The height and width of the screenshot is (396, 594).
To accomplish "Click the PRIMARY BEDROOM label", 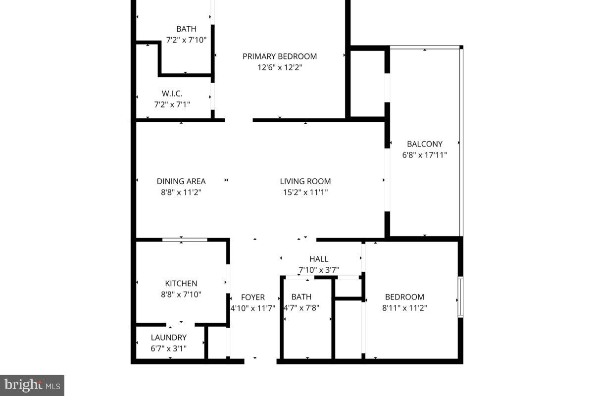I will coord(280,56).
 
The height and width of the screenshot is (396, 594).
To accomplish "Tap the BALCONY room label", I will coord(425,144).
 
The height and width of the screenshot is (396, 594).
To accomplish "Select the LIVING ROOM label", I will coord(305,181).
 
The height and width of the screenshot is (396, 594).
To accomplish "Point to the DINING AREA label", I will coord(181,181).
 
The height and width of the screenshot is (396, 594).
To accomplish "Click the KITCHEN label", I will coord(181,284).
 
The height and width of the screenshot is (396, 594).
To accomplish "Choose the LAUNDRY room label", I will coord(169,338).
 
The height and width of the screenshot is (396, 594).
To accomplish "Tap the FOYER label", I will coord(253,297).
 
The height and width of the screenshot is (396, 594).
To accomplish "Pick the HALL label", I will coord(319,259).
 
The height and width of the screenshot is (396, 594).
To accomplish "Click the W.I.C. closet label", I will coord(172,93).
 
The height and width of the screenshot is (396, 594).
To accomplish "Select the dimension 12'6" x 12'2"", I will coord(280,67).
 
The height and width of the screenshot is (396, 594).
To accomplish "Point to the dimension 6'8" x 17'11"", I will coord(425,155).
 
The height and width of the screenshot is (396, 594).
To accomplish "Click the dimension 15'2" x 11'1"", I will coord(305,192).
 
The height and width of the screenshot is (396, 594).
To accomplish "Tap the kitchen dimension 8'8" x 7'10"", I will coord(181,295).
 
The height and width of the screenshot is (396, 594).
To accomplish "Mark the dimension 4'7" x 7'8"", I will coord(301,307).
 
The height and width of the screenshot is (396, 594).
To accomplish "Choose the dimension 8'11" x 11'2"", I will coord(405,307).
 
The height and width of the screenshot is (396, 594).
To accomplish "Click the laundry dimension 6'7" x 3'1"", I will coord(169,348).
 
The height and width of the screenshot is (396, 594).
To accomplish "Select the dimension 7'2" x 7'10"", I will coord(186,40).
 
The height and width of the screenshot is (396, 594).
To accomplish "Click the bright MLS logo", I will coord(32,385).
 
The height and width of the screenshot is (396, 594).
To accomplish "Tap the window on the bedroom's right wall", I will coord(460,297).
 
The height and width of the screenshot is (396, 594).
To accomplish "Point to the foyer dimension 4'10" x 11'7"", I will coord(253,307).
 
